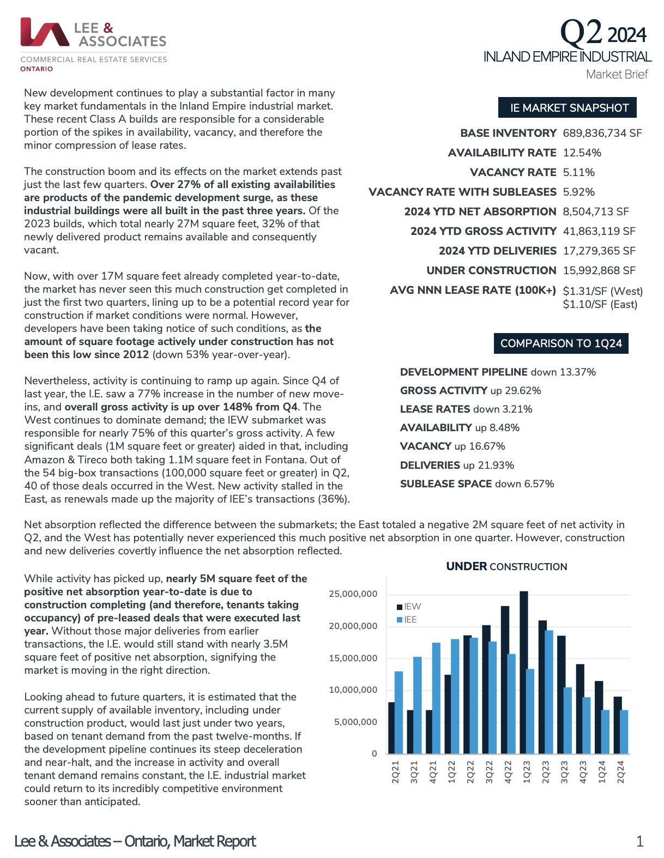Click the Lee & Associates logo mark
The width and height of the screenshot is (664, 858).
click(x=45, y=32)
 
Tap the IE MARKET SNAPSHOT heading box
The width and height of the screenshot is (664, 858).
click(x=568, y=108)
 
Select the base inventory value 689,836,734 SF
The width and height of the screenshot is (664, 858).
click(x=602, y=133)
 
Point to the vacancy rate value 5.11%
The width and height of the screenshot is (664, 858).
click(x=578, y=172)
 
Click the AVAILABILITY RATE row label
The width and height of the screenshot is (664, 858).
click(x=502, y=153)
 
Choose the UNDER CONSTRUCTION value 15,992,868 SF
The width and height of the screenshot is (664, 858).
click(x=599, y=270)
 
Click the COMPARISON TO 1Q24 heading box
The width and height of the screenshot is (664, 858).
click(x=561, y=343)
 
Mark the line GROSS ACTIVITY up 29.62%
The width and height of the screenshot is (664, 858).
click(x=470, y=390)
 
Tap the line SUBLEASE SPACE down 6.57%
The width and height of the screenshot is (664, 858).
click(x=477, y=484)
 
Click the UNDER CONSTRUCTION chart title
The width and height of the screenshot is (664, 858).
click(x=506, y=566)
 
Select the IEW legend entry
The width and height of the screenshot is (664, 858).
click(x=409, y=606)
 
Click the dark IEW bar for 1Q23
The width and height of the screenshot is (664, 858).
click(x=524, y=673)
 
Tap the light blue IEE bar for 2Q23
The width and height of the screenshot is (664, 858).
click(x=549, y=692)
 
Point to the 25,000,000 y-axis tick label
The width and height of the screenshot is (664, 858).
click(x=353, y=594)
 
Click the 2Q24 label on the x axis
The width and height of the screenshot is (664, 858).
click(x=620, y=772)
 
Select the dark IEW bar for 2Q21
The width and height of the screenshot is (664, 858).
click(x=391, y=728)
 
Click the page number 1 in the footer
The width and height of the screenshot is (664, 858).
click(x=639, y=841)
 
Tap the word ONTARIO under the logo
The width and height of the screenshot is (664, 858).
click(x=37, y=69)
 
